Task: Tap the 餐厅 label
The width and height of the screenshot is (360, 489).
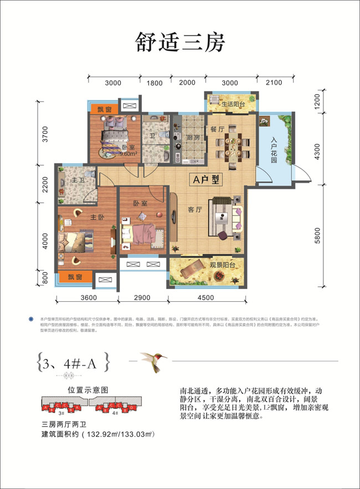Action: pos(216,127)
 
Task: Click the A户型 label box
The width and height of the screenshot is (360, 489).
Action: pos(204,180)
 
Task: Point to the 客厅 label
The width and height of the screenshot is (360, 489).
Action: pos(194,210)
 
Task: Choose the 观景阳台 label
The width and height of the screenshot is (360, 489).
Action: pos(224,265)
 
